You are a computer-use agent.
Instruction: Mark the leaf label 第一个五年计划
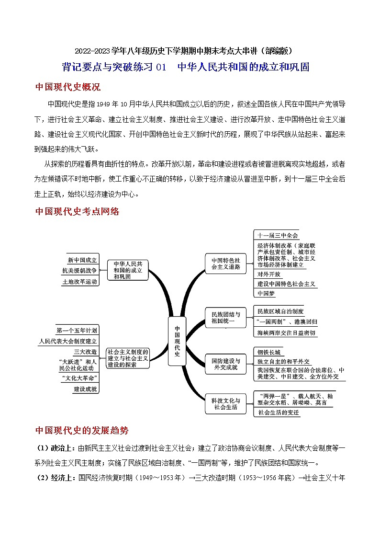pyautogui.click(x=77, y=330)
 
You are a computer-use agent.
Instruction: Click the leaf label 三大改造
pyautogui.click(x=85, y=352)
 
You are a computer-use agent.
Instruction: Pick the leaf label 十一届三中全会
pyautogui.click(x=278, y=235)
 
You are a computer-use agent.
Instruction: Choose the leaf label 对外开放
pyautogui.click(x=269, y=275)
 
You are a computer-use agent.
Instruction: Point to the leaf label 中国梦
pyautogui.click(x=266, y=293)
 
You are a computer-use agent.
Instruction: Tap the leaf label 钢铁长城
pyautogui.click(x=269, y=352)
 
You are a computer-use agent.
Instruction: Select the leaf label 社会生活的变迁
pyautogui.click(x=278, y=412)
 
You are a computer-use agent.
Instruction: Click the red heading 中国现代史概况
pyautogui.click(x=68, y=87)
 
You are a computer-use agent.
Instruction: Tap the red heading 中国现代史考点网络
pyautogui.click(x=78, y=211)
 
